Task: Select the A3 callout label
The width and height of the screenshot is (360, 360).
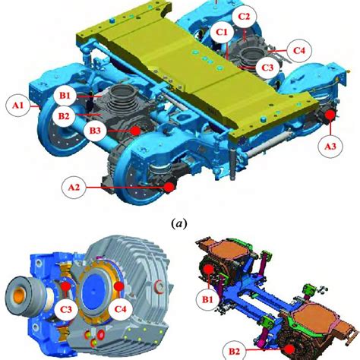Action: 330,144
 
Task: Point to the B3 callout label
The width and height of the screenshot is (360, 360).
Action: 96,131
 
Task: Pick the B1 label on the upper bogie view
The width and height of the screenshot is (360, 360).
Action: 66,95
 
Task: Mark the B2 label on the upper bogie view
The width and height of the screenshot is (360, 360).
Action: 66,115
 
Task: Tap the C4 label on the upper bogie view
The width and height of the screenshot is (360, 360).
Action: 299,50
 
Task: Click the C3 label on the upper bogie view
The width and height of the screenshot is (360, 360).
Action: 267,68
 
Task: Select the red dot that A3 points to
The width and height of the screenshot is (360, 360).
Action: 330,115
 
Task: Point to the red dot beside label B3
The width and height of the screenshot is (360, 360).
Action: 134,131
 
